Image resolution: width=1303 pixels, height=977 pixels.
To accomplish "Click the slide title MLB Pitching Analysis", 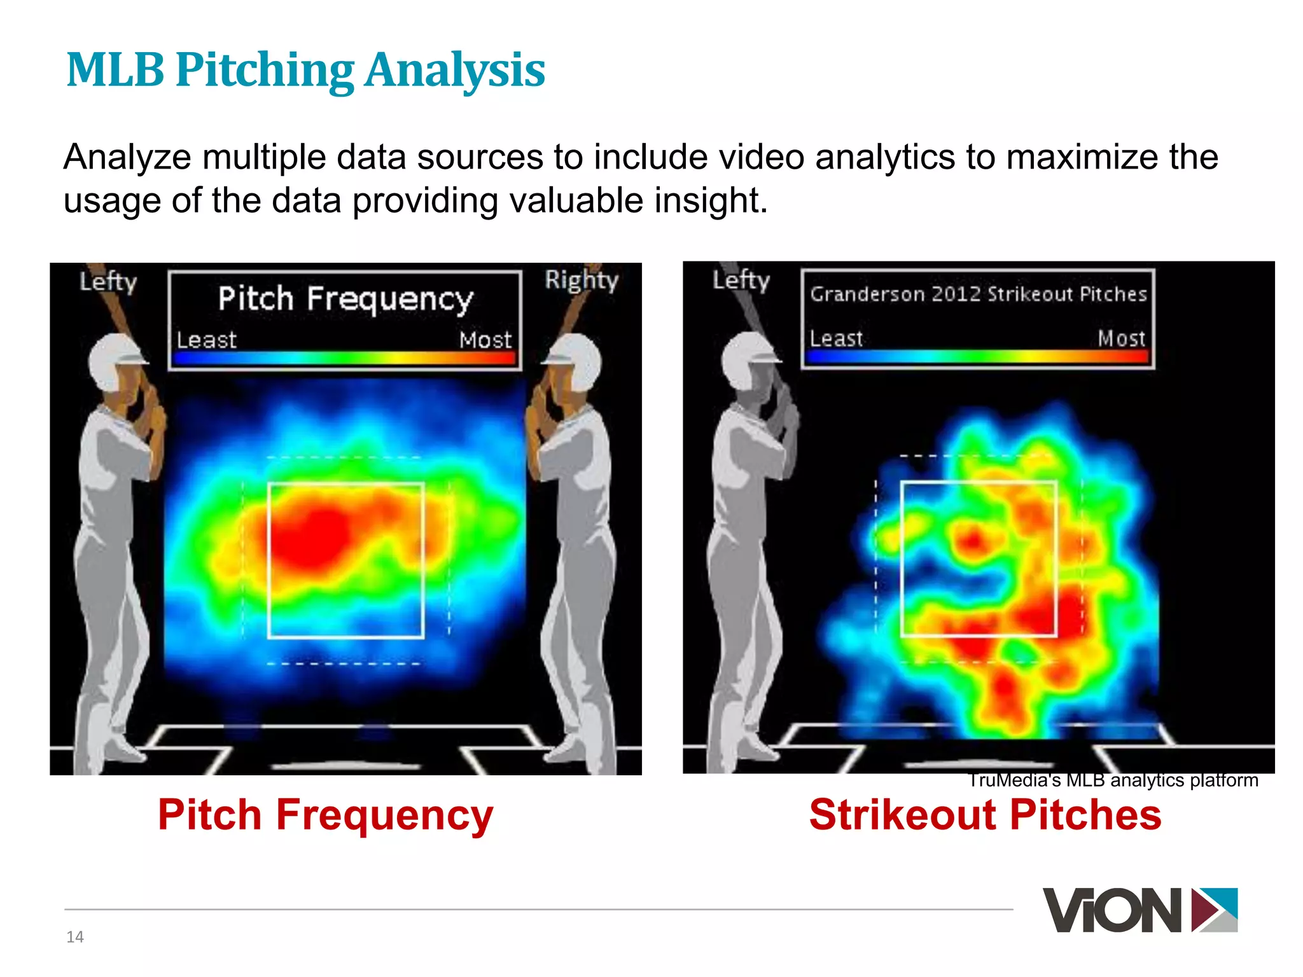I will [305, 70].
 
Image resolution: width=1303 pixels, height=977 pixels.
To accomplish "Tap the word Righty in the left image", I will [581, 281].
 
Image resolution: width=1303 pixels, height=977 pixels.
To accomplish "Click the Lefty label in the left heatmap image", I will [108, 282].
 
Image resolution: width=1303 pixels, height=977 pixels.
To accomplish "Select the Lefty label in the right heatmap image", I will [741, 281].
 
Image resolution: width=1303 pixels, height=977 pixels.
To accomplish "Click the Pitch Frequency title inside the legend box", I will [345, 299].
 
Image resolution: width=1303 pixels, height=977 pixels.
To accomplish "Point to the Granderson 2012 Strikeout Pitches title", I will [978, 294].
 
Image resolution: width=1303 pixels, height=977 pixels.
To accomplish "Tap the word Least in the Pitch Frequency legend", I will [206, 340].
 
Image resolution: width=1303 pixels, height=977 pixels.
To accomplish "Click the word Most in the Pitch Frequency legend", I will [485, 340].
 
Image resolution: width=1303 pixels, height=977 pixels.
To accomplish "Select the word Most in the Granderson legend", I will [1121, 338].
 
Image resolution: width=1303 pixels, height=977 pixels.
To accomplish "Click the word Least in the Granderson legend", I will [836, 338].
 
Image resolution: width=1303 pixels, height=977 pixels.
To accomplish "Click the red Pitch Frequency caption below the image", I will [325, 815].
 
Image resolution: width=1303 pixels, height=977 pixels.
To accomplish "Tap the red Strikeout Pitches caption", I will [985, 815].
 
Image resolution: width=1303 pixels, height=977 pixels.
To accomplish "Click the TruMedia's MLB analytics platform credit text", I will [1113, 780].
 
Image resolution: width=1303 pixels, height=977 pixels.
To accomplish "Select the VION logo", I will [1139, 910].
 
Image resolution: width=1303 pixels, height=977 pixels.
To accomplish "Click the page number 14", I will [75, 937].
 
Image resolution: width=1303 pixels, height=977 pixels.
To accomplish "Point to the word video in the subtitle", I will [761, 157].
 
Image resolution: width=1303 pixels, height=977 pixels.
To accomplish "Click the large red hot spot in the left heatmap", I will [315, 531].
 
